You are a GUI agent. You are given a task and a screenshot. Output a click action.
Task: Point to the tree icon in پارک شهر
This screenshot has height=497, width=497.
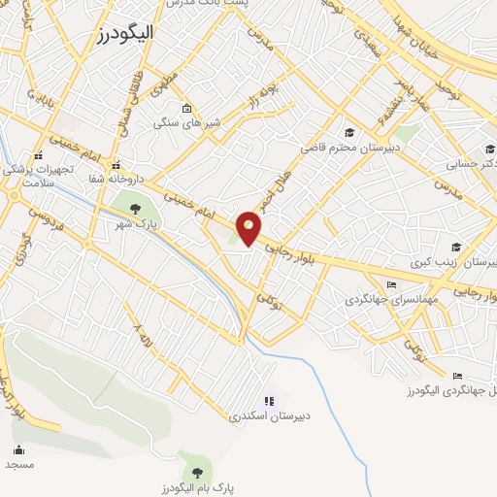(134, 206)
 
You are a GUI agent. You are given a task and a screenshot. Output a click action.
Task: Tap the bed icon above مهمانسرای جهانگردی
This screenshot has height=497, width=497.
(391, 284)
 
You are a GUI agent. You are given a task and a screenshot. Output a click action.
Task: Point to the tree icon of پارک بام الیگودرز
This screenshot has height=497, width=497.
(198, 473)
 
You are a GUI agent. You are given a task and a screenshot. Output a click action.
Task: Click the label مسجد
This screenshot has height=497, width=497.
(19, 465)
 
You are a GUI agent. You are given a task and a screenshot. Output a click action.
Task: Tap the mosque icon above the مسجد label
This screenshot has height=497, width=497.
(18, 449)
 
